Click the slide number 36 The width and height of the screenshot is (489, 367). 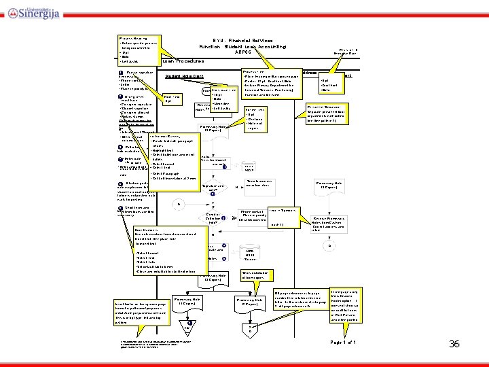pos(454,345)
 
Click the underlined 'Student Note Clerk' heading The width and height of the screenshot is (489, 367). pos(184,76)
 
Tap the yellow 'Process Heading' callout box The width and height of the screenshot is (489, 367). pos(139,47)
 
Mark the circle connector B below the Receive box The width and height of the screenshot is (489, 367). pos(329,245)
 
